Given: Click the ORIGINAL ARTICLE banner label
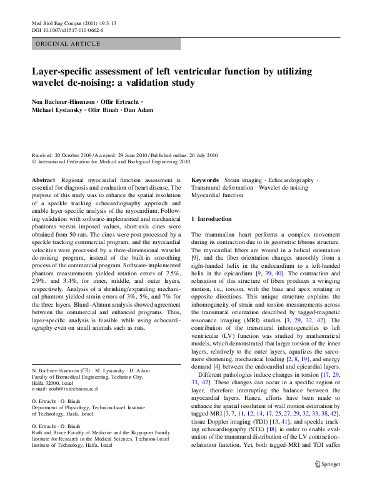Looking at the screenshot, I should coord(68,44).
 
